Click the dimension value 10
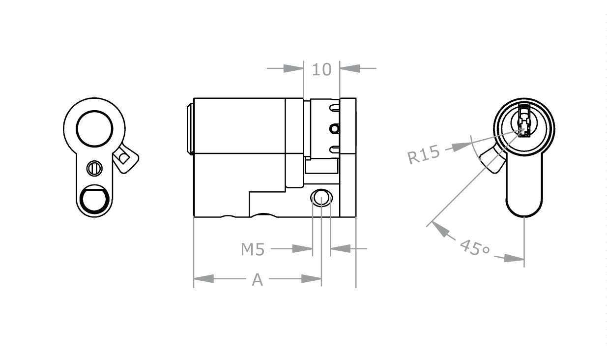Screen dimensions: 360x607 pos(322,69)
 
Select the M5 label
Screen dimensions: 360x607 pos(253,250)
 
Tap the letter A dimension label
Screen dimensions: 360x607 pos(257,280)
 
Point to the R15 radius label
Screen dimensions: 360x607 pos(423,155)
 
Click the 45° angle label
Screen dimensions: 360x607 pos(474,247)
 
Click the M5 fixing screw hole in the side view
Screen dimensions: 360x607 pos(321,198)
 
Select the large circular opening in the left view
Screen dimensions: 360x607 pos(94,128)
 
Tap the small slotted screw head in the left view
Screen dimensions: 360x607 pos(94,168)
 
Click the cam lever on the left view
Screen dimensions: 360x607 pos(126,159)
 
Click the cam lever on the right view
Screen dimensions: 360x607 pos(492,160)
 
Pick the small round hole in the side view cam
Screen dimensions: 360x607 pos(335,129)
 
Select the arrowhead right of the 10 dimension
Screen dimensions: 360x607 pos(349,68)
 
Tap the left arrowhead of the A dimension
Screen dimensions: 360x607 pos(203,279)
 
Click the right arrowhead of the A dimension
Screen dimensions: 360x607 pos(312,279)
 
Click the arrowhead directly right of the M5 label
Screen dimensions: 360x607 pos(302,249)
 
